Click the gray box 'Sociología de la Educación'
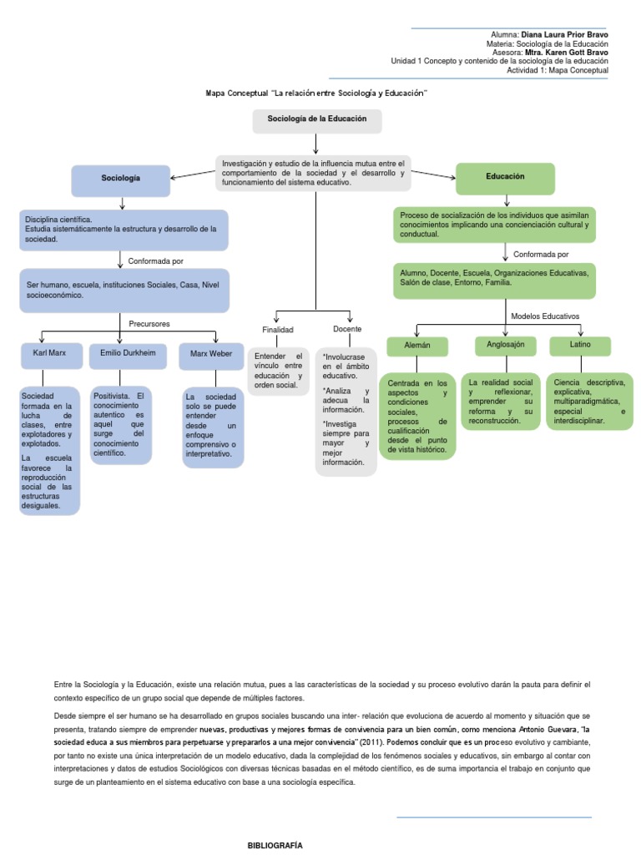click(317, 120)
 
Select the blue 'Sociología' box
click(121, 179)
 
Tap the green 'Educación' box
click(505, 177)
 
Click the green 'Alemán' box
click(416, 345)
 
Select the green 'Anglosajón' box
click(506, 345)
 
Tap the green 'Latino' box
click(580, 345)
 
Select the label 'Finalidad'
click(278, 330)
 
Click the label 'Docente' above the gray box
click(346, 329)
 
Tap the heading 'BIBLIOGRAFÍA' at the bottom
click(276, 845)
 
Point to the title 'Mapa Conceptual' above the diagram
click(316, 94)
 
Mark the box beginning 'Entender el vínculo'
click(279, 371)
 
